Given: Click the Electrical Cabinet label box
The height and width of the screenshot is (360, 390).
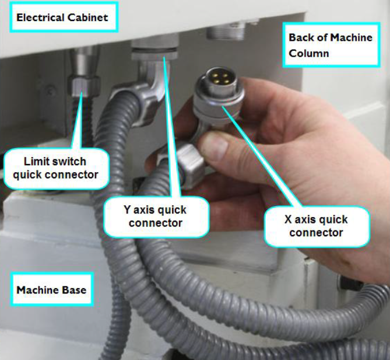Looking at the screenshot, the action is pyautogui.click(x=64, y=17).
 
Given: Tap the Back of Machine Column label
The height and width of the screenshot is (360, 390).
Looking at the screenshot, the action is pyautogui.click(x=331, y=45).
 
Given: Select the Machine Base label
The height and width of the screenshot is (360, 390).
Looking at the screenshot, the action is pyautogui.click(x=52, y=289).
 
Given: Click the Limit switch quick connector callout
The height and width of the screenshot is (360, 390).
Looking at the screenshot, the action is pyautogui.click(x=56, y=168).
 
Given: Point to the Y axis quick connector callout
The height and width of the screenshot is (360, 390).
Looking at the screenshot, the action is pyautogui.click(x=156, y=216).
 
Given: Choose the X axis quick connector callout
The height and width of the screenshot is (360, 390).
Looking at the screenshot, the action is pyautogui.click(x=317, y=226).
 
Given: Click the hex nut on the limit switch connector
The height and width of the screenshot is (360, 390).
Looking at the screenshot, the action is pyautogui.click(x=84, y=86).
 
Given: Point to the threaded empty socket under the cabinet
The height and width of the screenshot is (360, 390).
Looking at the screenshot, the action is pyautogui.click(x=226, y=32).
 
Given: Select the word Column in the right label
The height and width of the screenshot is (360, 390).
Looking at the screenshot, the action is pyautogui.click(x=308, y=53).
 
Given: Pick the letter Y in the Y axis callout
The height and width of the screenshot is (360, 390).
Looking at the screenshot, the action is pyautogui.click(x=127, y=209).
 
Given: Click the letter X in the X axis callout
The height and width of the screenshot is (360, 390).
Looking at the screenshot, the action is pyautogui.click(x=288, y=219).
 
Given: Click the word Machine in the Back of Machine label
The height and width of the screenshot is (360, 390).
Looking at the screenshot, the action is pyautogui.click(x=351, y=37).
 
